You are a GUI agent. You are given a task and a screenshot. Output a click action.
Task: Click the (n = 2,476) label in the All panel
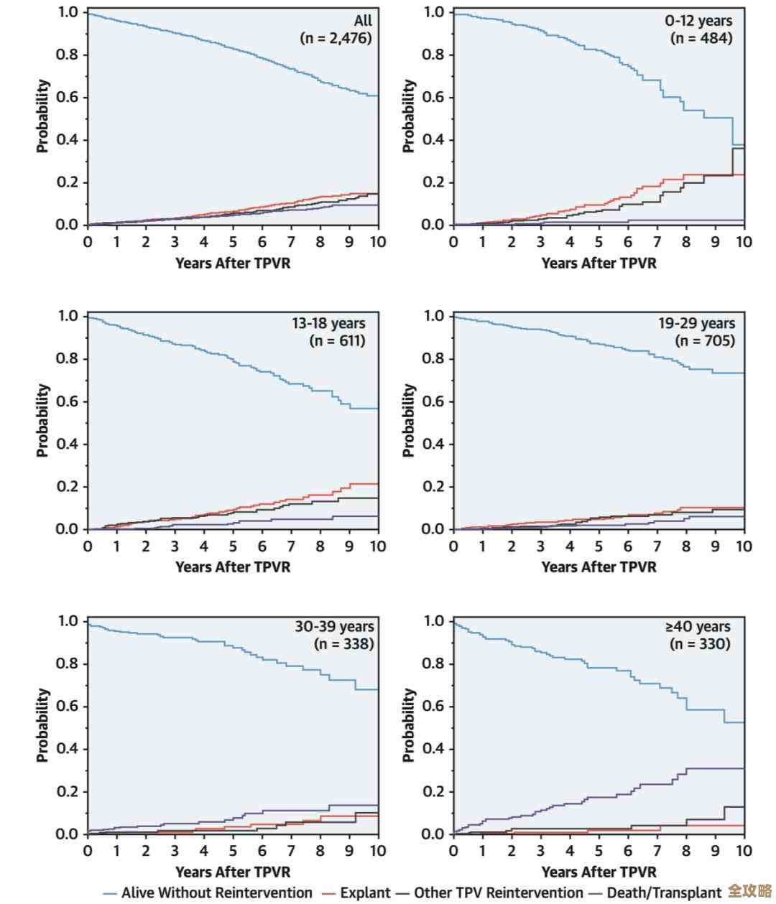coord(336,38)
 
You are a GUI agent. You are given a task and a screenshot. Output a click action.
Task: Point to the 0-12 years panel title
coord(698,21)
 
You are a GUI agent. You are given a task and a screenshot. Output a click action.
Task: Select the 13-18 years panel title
coord(328,324)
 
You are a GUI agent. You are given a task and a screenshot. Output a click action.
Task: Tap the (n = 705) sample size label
coord(705,340)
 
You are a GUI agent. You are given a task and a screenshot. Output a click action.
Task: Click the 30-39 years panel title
coord(334,627)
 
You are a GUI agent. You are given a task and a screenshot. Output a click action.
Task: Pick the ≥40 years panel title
coord(698,627)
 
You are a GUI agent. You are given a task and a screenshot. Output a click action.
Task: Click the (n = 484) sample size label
coord(701,38)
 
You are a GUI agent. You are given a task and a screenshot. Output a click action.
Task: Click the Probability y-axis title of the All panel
coord(43,116)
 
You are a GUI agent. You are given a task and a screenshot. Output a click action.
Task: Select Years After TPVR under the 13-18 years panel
coord(233,567)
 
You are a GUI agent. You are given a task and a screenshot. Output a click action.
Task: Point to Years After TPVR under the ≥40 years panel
coord(599,872)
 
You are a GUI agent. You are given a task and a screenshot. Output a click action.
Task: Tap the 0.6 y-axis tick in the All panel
coord(68,97)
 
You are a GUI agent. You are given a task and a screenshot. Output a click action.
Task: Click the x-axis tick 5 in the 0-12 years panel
coord(599,242)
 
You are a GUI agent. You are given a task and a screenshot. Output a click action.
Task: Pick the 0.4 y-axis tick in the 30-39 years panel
coord(68,749)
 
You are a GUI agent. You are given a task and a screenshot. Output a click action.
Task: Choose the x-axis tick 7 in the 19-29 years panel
coord(657,546)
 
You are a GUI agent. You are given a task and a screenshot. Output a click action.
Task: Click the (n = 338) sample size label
coord(344,644)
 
